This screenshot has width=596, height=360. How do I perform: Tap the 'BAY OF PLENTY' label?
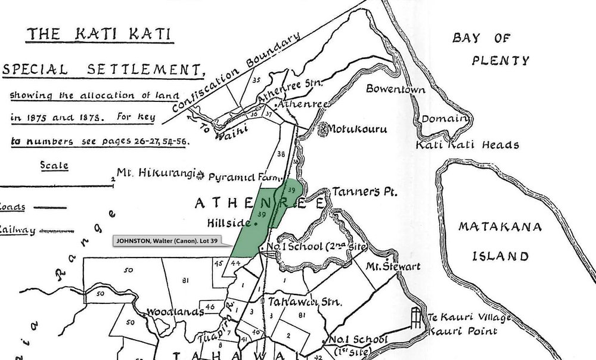tap(491, 49)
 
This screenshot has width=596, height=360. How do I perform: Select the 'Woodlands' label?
tap(171, 312)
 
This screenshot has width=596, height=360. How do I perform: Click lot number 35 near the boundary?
tap(257, 79)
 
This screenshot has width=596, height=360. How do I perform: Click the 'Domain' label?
tap(442, 118)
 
